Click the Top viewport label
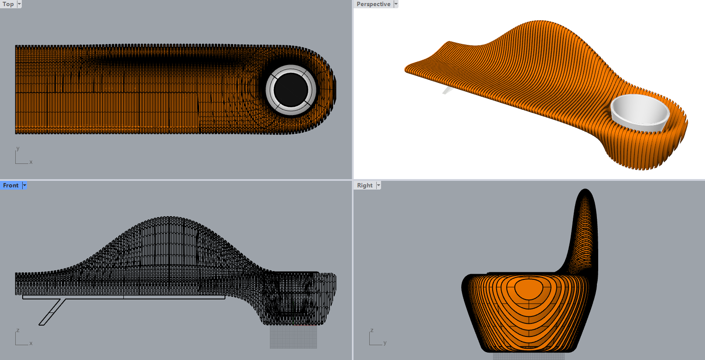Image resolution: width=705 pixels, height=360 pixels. click(x=8, y=4)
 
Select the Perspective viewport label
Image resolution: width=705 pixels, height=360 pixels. click(x=373, y=4)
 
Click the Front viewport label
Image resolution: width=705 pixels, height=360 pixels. click(x=11, y=185)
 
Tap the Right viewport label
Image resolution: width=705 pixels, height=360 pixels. click(x=365, y=185)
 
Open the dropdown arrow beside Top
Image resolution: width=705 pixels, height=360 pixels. click(x=19, y=4)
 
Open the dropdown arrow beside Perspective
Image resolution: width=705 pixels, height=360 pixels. click(x=396, y=4)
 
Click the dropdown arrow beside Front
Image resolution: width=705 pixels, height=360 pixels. click(x=24, y=185)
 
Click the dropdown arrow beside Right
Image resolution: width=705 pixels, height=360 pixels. click(x=378, y=185)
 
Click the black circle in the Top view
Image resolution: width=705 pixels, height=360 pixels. click(x=291, y=90)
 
